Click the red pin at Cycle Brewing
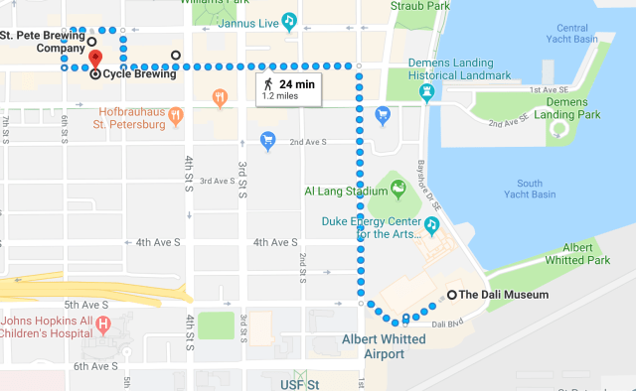click(95, 58)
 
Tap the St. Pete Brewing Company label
click(42, 41)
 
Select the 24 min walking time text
click(297, 84)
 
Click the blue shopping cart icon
click(266, 139)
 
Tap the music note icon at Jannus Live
click(288, 19)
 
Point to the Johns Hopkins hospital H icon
click(102, 324)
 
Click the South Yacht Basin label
click(529, 188)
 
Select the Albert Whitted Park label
click(585, 253)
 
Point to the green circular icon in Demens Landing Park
click(563, 127)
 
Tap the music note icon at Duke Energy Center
click(431, 224)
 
